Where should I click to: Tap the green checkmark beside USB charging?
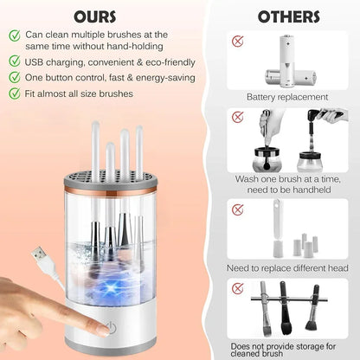click(15, 61)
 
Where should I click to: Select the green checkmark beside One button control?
click(15, 77)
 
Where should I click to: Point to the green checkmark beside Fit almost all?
click(15, 93)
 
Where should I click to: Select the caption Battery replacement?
click(286, 97)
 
